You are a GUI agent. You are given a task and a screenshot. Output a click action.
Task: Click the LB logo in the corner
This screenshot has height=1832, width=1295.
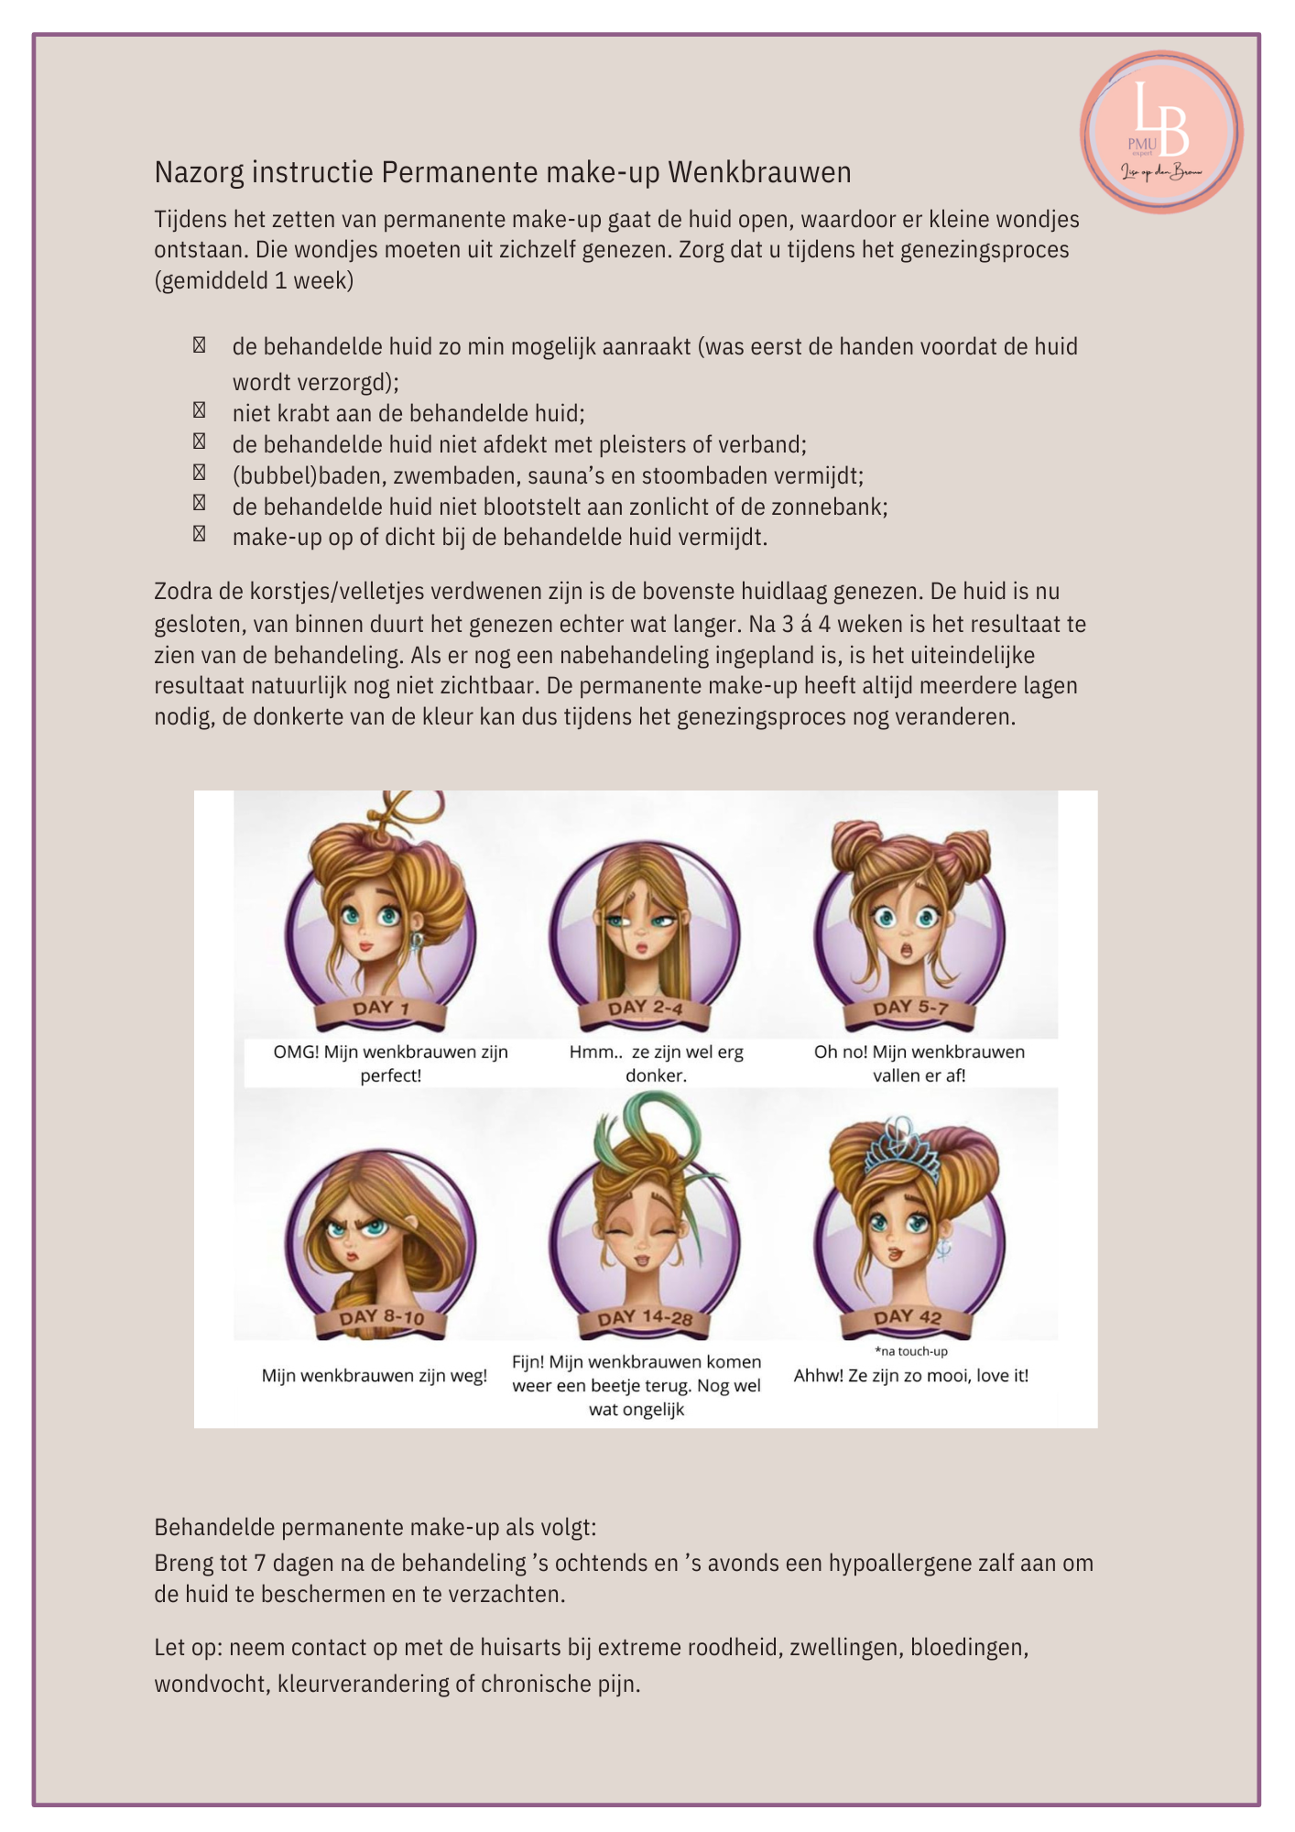pyautogui.click(x=1160, y=132)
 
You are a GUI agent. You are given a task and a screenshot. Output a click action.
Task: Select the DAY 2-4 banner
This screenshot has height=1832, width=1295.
pyautogui.click(x=645, y=1009)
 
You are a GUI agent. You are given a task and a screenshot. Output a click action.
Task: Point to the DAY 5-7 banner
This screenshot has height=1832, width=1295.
pyautogui.click(x=909, y=1009)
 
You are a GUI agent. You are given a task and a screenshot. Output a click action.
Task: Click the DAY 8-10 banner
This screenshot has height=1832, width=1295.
pyautogui.click(x=381, y=1318)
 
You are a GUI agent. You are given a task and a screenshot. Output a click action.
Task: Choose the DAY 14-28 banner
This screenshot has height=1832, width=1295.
pyautogui.click(x=645, y=1318)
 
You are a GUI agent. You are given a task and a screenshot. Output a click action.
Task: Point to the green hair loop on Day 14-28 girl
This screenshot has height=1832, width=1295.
pyautogui.click(x=646, y=1122)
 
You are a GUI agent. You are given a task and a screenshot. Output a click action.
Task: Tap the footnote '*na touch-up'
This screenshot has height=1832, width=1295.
pyautogui.click(x=910, y=1351)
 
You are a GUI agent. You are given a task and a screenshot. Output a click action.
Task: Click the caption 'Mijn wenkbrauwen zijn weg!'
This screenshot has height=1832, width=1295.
pyautogui.click(x=374, y=1376)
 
